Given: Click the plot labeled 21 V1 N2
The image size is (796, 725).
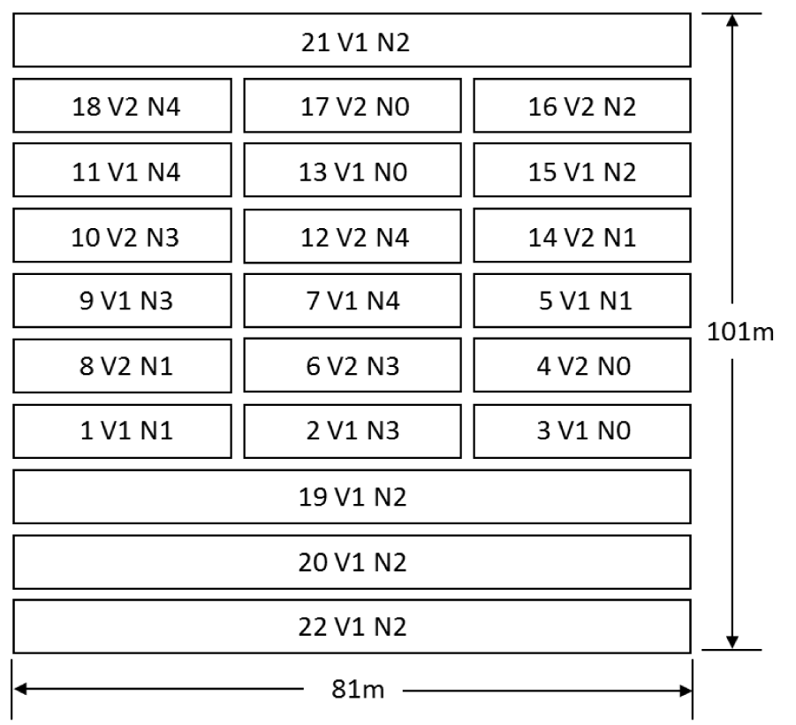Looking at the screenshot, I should (x=352, y=41).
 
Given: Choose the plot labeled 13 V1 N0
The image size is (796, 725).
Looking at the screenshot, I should (x=352, y=172).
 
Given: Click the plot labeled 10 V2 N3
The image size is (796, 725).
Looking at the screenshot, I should (x=123, y=237).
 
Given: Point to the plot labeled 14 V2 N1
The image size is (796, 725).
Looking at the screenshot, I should (x=581, y=237).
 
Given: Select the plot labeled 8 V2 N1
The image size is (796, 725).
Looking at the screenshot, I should (x=123, y=366).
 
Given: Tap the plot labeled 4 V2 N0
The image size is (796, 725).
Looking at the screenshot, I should (x=581, y=366).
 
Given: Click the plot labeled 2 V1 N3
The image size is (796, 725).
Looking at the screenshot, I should (x=352, y=431).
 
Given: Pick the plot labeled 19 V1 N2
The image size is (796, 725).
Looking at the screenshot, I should (x=352, y=497).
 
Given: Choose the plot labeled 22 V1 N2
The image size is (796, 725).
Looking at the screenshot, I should (x=352, y=627).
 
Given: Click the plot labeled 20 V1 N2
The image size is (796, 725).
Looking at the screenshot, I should (x=352, y=562).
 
